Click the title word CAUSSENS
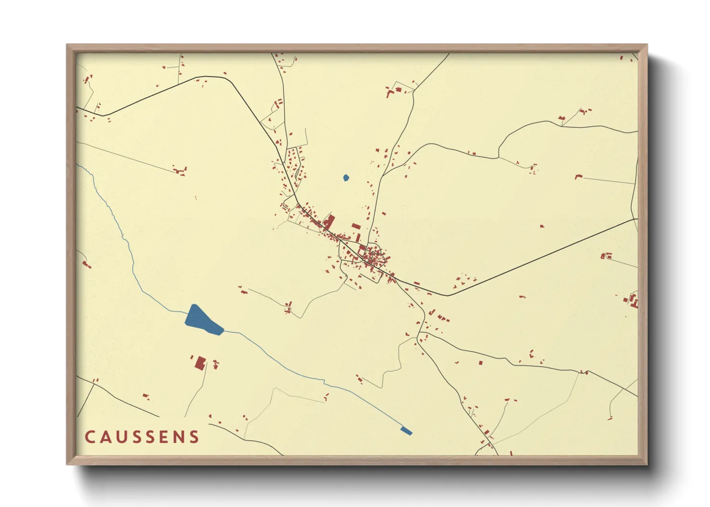tap(142, 437)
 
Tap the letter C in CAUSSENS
tap(90, 437)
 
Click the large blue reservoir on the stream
tap(201, 320)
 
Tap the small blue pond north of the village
tap(346, 178)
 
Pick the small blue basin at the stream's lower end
tap(406, 431)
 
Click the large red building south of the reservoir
tap(200, 363)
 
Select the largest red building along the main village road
tap(329, 222)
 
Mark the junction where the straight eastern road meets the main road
tap(447, 295)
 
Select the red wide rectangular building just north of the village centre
tap(355, 226)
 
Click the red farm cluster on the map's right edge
tap(632, 301)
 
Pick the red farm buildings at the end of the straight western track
tap(180, 170)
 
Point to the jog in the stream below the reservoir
tap(324, 382)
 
